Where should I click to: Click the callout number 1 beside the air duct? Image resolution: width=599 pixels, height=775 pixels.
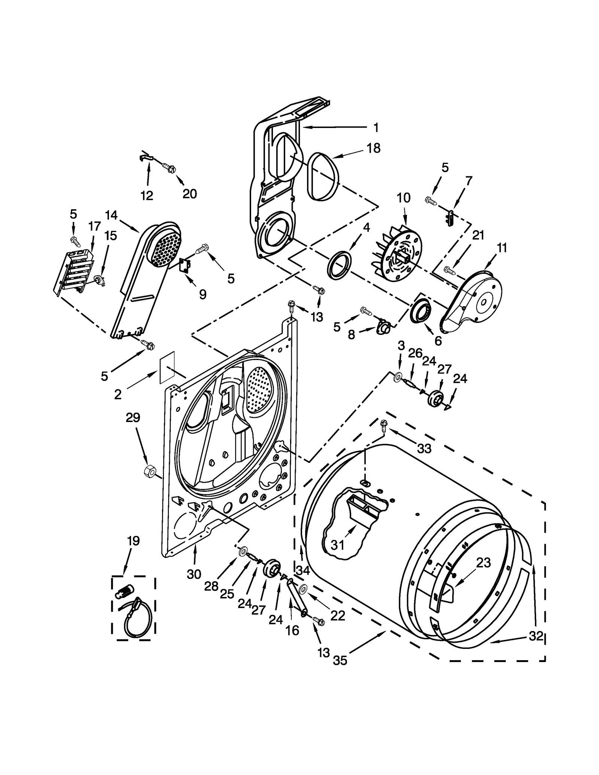click(x=376, y=128)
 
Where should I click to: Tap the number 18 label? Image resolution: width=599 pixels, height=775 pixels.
click(x=373, y=148)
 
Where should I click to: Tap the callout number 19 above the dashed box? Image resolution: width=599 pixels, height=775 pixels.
click(x=133, y=541)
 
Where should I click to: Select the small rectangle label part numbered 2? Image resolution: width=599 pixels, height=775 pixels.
click(x=167, y=367)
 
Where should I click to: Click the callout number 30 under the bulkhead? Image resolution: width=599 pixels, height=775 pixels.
click(x=194, y=574)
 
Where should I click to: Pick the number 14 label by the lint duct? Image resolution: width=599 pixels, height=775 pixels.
click(x=111, y=215)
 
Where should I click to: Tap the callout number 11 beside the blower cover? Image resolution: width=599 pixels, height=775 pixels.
click(x=502, y=248)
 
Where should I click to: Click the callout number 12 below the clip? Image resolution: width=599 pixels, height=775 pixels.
click(x=147, y=195)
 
